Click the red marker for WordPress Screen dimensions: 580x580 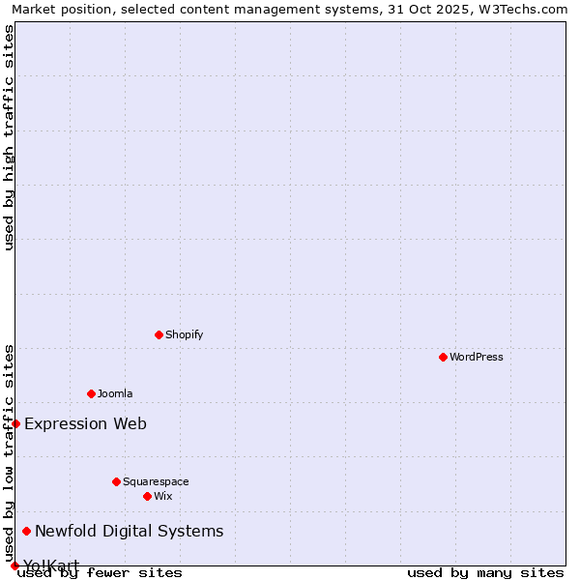(443, 357)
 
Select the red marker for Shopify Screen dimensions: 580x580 (159, 334)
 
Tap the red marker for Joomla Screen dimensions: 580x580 (91, 393)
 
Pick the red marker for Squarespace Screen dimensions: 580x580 (116, 481)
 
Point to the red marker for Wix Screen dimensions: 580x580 (147, 496)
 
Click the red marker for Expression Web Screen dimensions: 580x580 (15, 423)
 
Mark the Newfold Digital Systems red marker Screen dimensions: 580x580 (26, 531)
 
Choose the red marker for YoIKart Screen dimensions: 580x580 (14, 565)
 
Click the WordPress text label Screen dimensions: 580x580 (477, 357)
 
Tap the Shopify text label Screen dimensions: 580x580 (185, 334)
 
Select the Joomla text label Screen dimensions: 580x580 (115, 393)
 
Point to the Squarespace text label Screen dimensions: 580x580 (156, 481)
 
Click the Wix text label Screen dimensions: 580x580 (163, 496)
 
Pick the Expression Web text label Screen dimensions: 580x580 (85, 423)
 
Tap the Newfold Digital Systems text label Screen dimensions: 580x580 (129, 531)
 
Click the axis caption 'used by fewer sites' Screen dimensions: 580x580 (100, 572)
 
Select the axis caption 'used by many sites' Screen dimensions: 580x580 (485, 572)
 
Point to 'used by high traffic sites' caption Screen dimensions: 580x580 (9, 137)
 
